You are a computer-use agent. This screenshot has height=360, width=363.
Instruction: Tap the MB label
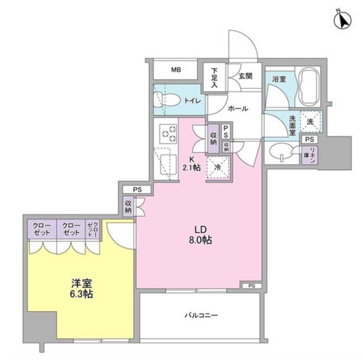pos(175,70)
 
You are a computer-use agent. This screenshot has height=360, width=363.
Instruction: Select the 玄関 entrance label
pos(244,75)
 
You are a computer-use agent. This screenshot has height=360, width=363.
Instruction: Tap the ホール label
pos(238,108)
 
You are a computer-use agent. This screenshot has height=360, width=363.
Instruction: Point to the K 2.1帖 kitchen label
pos(193,164)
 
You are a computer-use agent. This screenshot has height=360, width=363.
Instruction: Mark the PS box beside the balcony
pos(252,285)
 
